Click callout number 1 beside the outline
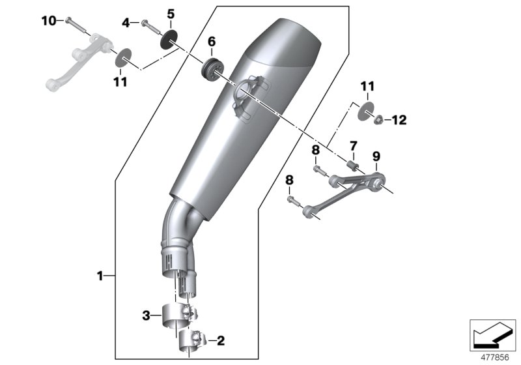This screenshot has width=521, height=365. pos(100,276)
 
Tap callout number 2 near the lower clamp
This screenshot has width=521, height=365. pos(220,340)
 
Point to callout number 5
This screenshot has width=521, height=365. pos(171,13)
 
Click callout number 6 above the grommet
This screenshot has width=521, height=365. pos(212,42)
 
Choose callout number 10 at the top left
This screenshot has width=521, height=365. pos(49,21)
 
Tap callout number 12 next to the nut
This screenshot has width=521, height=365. pos(399,120)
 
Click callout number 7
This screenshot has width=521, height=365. pos(352,144)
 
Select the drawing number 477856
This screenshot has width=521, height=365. pos(493,357)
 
